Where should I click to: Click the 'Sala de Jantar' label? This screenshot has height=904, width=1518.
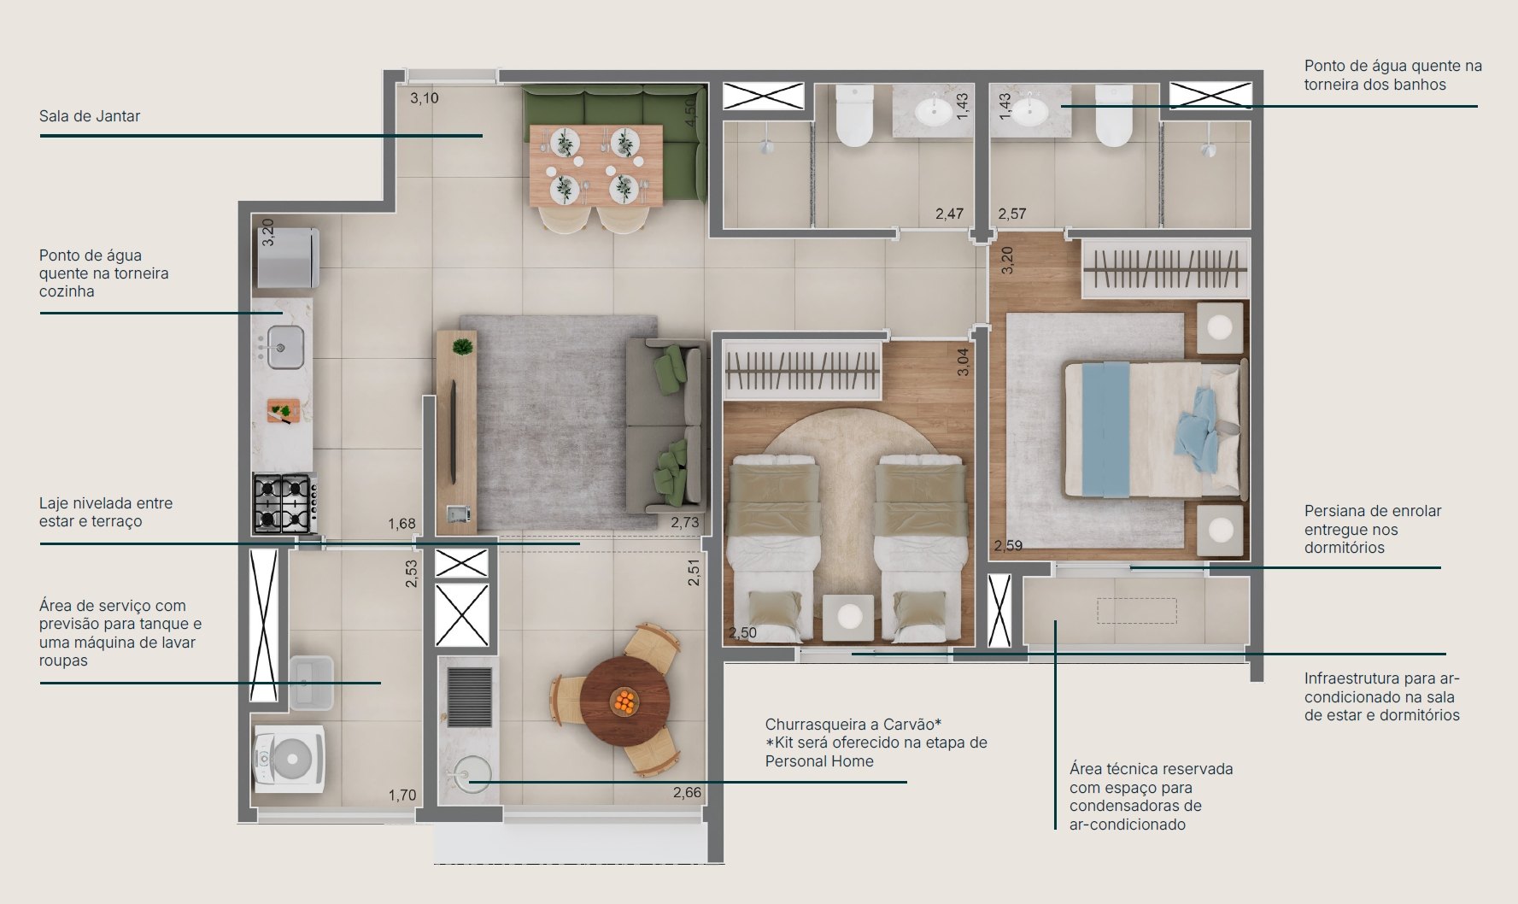(90, 116)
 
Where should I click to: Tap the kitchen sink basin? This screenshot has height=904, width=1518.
(285, 348)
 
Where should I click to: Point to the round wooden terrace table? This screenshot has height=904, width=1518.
(624, 701)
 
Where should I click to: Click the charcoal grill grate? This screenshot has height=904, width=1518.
(469, 696)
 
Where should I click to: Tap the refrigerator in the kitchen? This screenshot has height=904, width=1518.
(289, 258)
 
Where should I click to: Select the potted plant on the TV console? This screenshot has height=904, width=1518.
(462, 347)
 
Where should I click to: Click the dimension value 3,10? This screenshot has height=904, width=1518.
(424, 98)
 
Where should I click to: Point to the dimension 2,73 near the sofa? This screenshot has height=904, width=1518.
(684, 523)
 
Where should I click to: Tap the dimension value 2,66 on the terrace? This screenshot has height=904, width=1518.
(687, 792)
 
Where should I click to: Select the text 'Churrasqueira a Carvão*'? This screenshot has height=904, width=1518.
(853, 725)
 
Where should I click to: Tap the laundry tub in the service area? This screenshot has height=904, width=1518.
(311, 682)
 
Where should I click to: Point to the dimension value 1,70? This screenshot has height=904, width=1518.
(401, 795)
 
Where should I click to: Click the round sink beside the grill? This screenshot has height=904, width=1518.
(468, 774)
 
